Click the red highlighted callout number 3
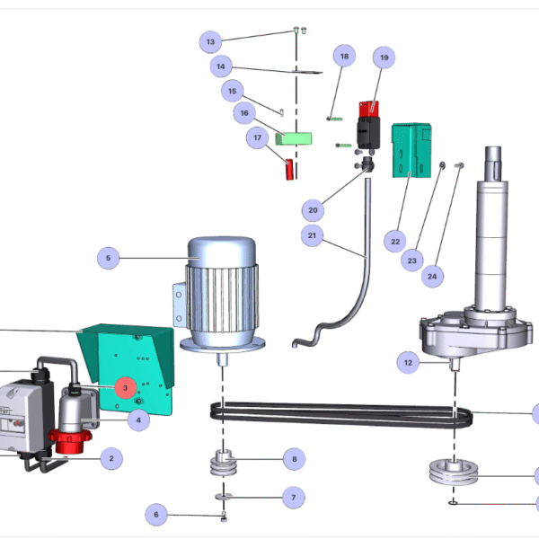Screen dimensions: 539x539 click(x=126, y=388)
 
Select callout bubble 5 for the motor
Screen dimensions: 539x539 click(x=109, y=258)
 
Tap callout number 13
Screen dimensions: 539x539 click(x=210, y=42)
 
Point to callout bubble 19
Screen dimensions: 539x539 click(x=384, y=57)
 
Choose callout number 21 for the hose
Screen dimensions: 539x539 click(x=312, y=235)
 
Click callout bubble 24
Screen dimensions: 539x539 click(x=432, y=276)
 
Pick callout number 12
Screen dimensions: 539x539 click(x=408, y=362)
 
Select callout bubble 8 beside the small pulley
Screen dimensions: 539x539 click(x=295, y=459)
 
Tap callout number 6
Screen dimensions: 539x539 click(x=156, y=514)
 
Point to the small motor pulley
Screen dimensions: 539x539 click(x=224, y=463)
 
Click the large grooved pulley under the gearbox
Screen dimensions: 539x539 click(x=454, y=473)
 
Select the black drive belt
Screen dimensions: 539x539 click(x=341, y=415)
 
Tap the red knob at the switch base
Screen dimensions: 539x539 click(x=70, y=441)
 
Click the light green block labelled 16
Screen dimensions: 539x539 click(x=294, y=139)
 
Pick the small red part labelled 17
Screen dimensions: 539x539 click(x=289, y=169)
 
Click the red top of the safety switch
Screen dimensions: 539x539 click(x=369, y=109)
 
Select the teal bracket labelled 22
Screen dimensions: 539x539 click(x=411, y=151)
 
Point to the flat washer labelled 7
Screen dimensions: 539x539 click(x=224, y=497)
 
